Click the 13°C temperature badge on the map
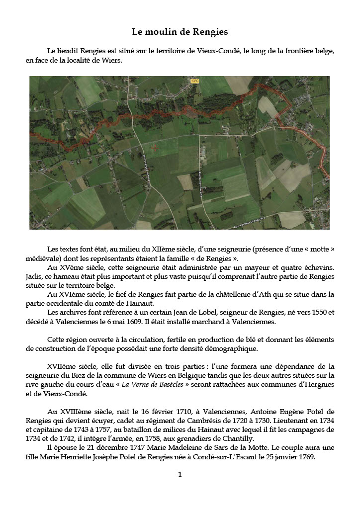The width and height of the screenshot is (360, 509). click(194, 80)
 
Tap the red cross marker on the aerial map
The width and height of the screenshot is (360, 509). click(155, 147)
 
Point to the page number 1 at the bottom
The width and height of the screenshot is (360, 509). click(180, 474)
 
